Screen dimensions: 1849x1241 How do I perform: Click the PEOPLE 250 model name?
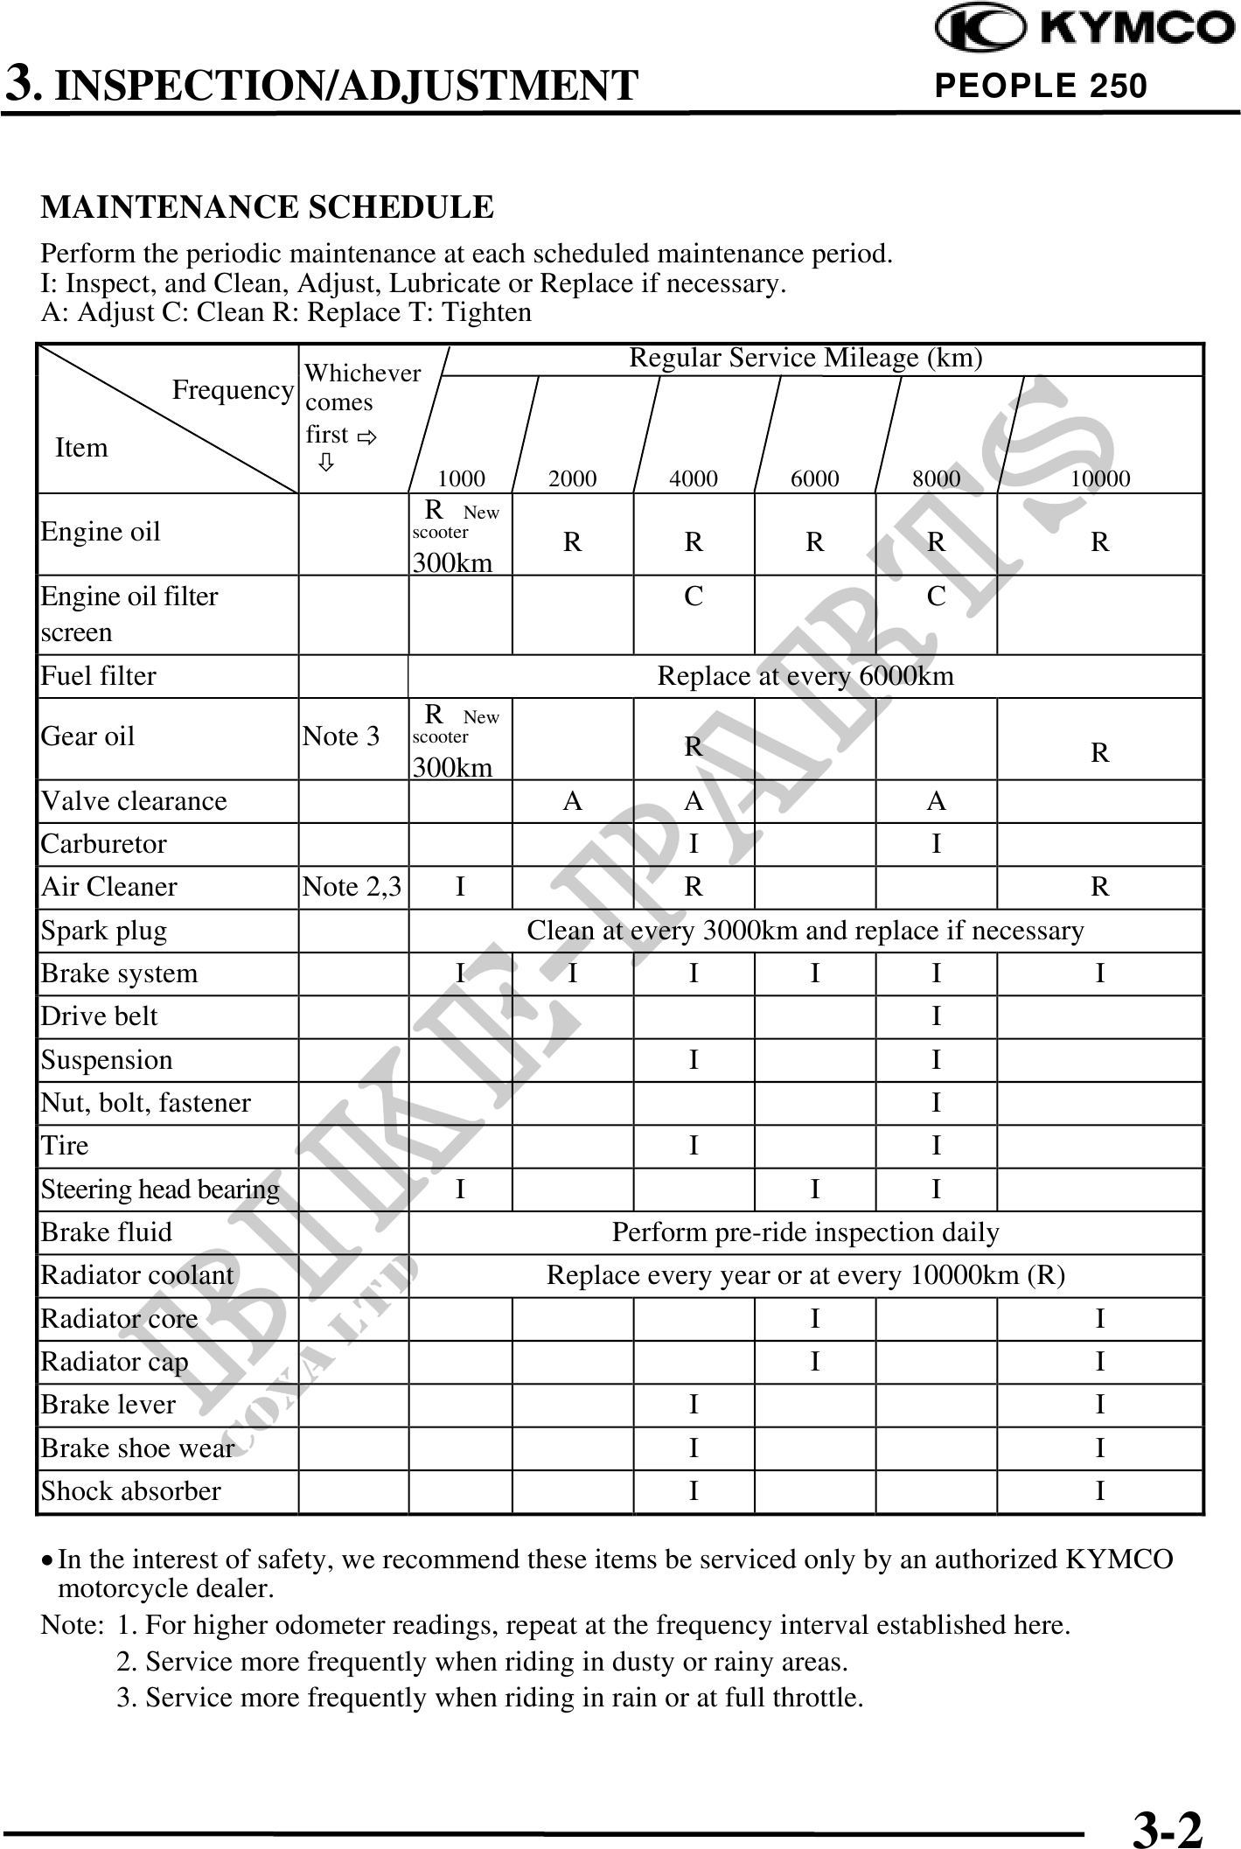[1041, 86]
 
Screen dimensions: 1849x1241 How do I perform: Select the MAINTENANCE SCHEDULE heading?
[268, 207]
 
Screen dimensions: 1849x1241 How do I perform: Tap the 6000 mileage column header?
[814, 478]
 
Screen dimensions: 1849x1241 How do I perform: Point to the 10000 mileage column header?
[1100, 478]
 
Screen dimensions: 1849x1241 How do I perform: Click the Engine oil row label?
[101, 532]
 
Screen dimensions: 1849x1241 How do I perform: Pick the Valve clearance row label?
[134, 801]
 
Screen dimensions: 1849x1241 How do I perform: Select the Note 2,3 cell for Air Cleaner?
[352, 887]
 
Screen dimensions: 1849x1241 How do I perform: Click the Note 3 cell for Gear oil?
[341, 736]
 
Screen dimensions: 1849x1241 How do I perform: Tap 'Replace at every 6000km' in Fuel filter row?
[805, 676]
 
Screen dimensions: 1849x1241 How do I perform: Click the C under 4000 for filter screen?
[694, 597]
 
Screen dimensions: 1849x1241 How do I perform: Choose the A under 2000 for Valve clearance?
[572, 801]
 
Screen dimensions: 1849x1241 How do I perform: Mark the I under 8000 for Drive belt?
[936, 1016]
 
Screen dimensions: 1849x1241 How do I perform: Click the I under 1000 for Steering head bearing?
[460, 1190]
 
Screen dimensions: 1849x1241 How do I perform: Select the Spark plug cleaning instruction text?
[805, 931]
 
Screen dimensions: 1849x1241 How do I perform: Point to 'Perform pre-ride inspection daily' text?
[805, 1232]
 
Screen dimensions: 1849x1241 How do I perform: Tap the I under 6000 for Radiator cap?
[814, 1362]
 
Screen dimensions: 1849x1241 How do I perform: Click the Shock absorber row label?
[131, 1491]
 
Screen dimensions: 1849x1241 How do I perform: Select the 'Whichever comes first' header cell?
[360, 411]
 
